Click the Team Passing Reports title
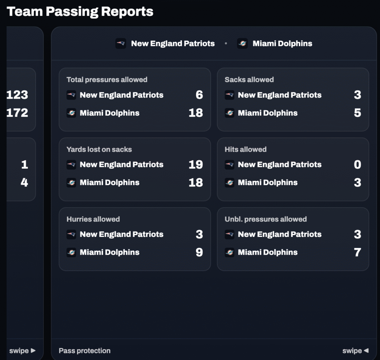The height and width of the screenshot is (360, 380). pyautogui.click(x=80, y=11)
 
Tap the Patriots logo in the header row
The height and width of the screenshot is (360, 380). pyautogui.click(x=121, y=43)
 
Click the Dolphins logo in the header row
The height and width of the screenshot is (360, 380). pyautogui.click(x=242, y=43)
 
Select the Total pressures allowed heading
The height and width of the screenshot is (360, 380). pyautogui.click(x=107, y=80)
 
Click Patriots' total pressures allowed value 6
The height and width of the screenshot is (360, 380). pyautogui.click(x=199, y=95)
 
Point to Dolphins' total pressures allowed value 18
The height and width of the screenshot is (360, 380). pyautogui.click(x=196, y=113)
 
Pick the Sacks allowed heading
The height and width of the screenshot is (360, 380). pyautogui.click(x=249, y=80)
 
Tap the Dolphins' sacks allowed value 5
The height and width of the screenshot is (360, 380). pyautogui.click(x=357, y=113)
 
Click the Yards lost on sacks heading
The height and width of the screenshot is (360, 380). pyautogui.click(x=99, y=149)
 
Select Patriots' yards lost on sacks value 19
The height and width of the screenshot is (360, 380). pyautogui.click(x=196, y=165)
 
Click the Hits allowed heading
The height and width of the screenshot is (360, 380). pyautogui.click(x=245, y=149)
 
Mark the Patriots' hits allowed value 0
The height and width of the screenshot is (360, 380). pyautogui.click(x=357, y=165)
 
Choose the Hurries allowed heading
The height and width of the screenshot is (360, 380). pyautogui.click(x=93, y=219)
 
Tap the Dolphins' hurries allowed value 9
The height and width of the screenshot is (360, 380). pyautogui.click(x=199, y=252)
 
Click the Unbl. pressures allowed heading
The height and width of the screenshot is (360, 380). pyautogui.click(x=266, y=219)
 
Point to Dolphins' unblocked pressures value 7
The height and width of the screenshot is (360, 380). pyautogui.click(x=357, y=252)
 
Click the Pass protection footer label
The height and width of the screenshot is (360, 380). pyautogui.click(x=85, y=350)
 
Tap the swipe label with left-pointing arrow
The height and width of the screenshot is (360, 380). pyautogui.click(x=355, y=350)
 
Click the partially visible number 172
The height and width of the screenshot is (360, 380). pyautogui.click(x=17, y=113)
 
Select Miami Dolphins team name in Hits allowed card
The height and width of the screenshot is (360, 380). pyautogui.click(x=268, y=182)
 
